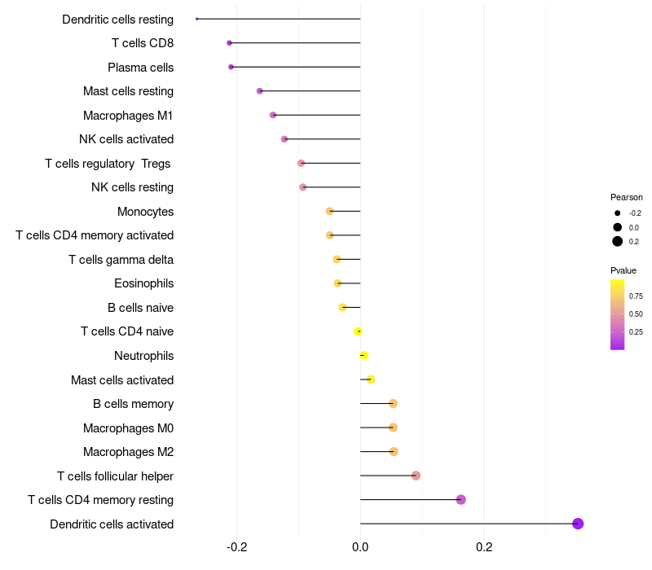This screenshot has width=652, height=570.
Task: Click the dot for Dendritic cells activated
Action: pos(578,524)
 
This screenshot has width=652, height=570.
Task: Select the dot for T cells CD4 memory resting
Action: pos(460,499)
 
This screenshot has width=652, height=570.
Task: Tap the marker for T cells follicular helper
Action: pos(416,476)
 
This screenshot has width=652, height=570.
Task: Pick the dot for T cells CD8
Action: pos(229,43)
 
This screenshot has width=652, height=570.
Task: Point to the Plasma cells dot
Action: pos(231,67)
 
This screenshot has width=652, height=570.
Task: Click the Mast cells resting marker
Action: pos(260,91)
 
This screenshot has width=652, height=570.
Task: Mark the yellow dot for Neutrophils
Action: pos(363,355)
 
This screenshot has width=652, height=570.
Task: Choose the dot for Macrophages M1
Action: pos(273,115)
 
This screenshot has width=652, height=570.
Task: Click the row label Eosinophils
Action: pos(143,283)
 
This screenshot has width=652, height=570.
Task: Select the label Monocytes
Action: pos(145,212)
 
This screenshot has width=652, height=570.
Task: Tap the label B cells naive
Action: pos(140,308)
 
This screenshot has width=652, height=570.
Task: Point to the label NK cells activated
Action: pos(126,139)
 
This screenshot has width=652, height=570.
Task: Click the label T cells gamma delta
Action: pos(121,260)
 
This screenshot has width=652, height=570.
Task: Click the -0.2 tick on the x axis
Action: pos(236,547)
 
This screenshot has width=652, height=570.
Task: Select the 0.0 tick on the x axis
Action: pos(360,547)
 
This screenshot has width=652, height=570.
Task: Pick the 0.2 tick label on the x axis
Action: pos(484,547)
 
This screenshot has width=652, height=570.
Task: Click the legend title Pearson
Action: pos(626,197)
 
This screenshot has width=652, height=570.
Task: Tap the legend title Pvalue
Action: pos(623,270)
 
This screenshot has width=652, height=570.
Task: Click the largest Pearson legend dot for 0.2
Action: pos(618,241)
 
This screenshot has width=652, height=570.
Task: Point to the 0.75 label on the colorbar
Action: pos(636,296)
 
